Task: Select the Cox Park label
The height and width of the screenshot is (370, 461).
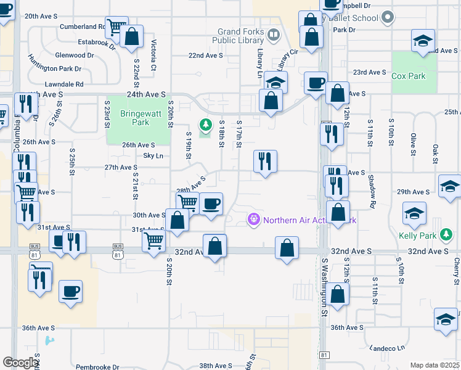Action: click(x=408, y=76)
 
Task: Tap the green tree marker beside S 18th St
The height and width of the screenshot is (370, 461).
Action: click(x=205, y=125)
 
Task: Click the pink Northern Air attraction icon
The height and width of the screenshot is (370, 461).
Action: click(x=253, y=220)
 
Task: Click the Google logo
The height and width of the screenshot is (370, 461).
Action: click(x=20, y=363)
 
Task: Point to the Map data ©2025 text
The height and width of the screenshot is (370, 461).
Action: click(x=434, y=365)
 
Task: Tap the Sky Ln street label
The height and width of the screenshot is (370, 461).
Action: click(x=153, y=156)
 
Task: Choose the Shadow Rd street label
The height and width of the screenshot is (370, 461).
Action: click(x=372, y=191)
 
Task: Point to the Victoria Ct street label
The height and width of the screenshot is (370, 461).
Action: click(x=153, y=55)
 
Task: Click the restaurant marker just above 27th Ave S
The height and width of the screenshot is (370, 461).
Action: click(x=265, y=162)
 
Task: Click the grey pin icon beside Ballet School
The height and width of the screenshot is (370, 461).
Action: click(x=387, y=17)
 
